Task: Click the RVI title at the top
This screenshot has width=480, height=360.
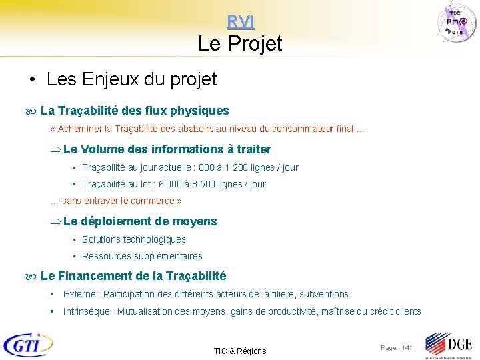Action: click(240, 22)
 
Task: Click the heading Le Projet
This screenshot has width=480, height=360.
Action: click(240, 44)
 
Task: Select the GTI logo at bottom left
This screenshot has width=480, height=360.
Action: click(28, 345)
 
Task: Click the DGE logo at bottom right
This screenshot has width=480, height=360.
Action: click(448, 345)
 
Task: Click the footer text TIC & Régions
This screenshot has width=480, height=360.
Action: click(239, 351)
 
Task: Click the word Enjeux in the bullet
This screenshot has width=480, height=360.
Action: click(111, 80)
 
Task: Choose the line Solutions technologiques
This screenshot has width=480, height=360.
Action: click(134, 239)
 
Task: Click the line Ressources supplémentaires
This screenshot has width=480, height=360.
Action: click(142, 256)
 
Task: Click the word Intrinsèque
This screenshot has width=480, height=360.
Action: click(87, 311)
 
